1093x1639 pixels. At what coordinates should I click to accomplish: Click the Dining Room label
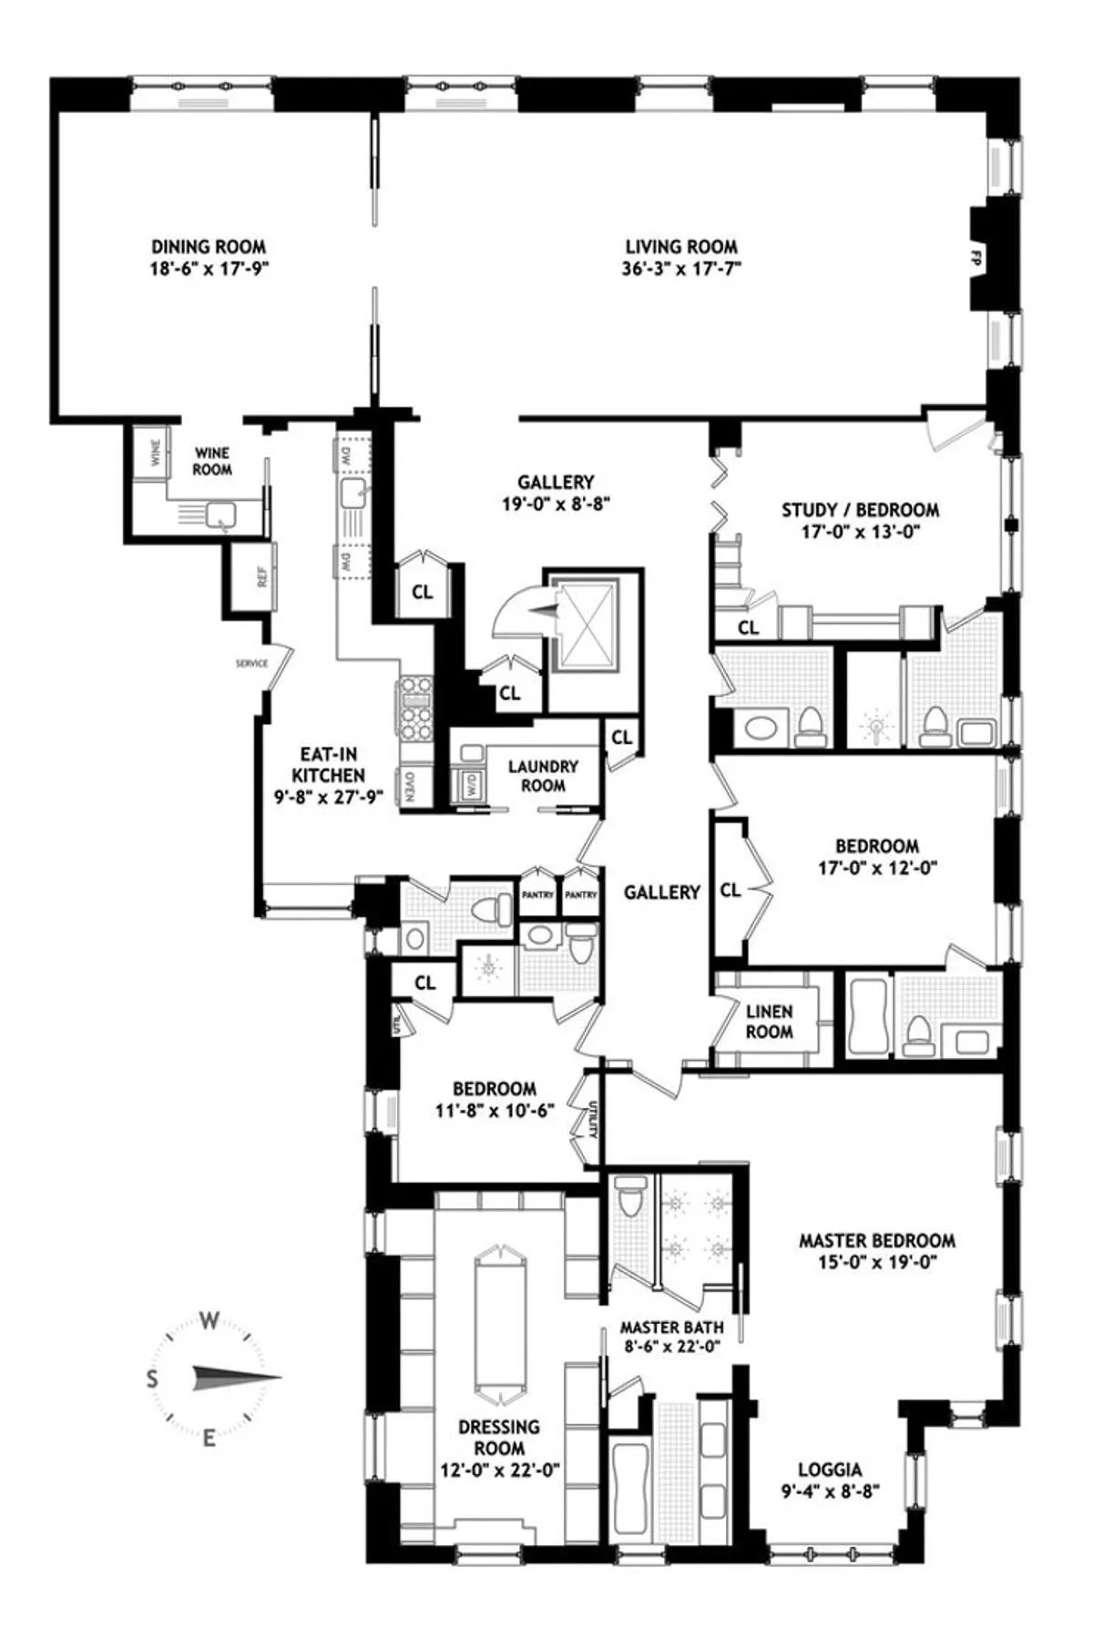click(x=209, y=247)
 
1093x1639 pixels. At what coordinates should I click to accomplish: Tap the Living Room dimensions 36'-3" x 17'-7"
click(x=681, y=270)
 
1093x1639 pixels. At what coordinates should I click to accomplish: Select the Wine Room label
click(x=211, y=461)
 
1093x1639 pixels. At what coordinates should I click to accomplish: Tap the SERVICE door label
click(x=251, y=663)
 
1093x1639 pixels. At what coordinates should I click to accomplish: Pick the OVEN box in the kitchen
click(x=412, y=786)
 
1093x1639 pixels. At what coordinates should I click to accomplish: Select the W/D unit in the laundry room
click(x=470, y=785)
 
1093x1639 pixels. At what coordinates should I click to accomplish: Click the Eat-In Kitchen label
click(x=328, y=765)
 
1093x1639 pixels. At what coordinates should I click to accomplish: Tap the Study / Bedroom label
click(x=860, y=510)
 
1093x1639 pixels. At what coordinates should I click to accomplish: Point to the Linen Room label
click(x=769, y=1021)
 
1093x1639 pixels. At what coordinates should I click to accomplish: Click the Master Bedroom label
click(x=876, y=1240)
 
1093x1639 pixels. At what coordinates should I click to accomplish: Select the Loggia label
click(x=830, y=1469)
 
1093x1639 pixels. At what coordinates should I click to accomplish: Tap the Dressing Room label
click(x=498, y=1437)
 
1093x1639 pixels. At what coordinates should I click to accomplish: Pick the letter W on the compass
click(x=209, y=1321)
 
